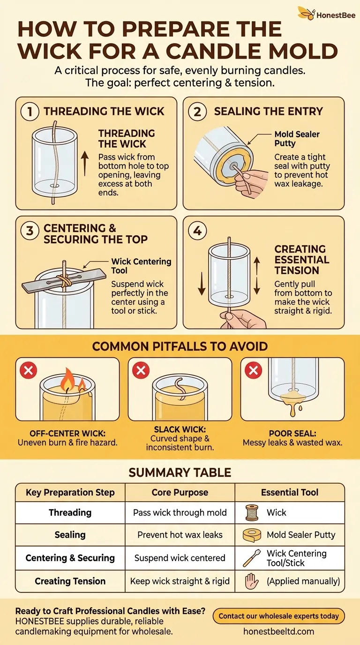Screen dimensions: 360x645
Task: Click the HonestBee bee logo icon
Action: pyautogui.click(x=306, y=13)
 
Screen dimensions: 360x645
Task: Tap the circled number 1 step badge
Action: pyautogui.click(x=30, y=112)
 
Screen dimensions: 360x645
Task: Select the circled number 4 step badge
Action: pyautogui.click(x=197, y=231)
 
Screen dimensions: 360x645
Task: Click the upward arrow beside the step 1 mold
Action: pyautogui.click(x=84, y=163)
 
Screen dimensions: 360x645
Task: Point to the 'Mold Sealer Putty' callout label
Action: pyautogui.click(x=297, y=138)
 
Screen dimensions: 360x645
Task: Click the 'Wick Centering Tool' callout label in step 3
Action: pyautogui.click(x=141, y=266)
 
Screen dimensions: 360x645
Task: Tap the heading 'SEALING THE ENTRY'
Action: pyautogui.click(x=269, y=111)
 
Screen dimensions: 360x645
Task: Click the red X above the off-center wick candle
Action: pyautogui.click(x=28, y=370)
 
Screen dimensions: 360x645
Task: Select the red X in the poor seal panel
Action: pyautogui.click(x=253, y=370)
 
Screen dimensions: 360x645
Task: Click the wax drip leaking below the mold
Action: pyautogui.click(x=292, y=404)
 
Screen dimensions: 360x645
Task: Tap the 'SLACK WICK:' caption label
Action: pyautogui.click(x=180, y=429)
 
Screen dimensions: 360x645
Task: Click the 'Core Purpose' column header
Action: pyautogui.click(x=180, y=492)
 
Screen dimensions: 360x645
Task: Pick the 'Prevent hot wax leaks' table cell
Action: pyautogui.click(x=180, y=535)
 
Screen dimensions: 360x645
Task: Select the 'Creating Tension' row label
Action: pyautogui.click(x=70, y=581)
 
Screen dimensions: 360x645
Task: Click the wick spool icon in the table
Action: pyautogui.click(x=252, y=513)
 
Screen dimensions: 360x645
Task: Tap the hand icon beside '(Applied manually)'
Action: pyautogui.click(x=251, y=581)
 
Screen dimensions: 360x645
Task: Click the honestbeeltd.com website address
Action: pyautogui.click(x=278, y=631)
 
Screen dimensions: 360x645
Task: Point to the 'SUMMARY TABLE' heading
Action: pyautogui.click(x=180, y=472)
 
